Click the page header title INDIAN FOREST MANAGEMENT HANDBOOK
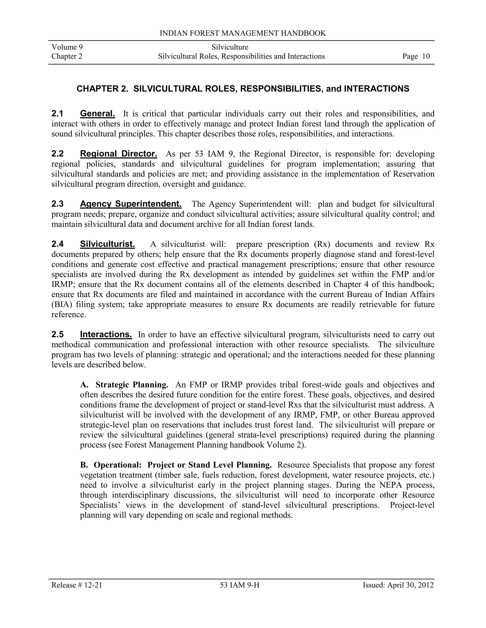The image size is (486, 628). pos(243,33)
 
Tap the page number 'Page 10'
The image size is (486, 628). pos(416,56)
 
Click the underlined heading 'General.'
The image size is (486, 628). pos(97,114)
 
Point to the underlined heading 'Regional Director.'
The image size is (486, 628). pos(118,154)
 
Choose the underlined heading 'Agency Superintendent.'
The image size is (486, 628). pos(131,204)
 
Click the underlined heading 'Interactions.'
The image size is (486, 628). pos(106,334)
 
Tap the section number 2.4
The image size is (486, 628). pos(58,244)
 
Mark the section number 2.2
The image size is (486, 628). pos(58,154)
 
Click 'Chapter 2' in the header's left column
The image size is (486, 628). pos(67,56)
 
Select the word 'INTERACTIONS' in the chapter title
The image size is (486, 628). pos(376,89)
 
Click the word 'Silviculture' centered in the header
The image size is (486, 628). pos(230,47)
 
